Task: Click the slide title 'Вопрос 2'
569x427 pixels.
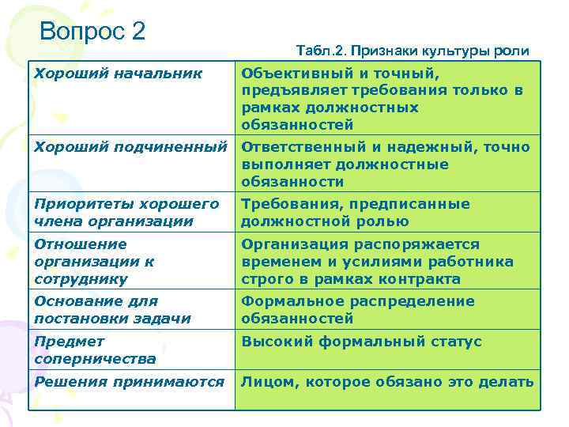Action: pyautogui.click(x=92, y=32)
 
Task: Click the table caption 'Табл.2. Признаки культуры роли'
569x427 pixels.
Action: pyautogui.click(x=413, y=51)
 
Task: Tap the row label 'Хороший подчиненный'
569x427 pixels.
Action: pyautogui.click(x=131, y=146)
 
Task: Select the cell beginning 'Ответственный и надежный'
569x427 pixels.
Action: pyautogui.click(x=385, y=164)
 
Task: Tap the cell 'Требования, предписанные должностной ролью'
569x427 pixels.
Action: pyautogui.click(x=355, y=213)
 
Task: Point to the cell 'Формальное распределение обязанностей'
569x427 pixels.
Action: pyautogui.click(x=357, y=310)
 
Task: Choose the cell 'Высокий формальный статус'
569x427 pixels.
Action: pyautogui.click(x=361, y=342)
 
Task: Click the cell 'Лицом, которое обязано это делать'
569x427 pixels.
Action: pyautogui.click(x=387, y=382)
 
